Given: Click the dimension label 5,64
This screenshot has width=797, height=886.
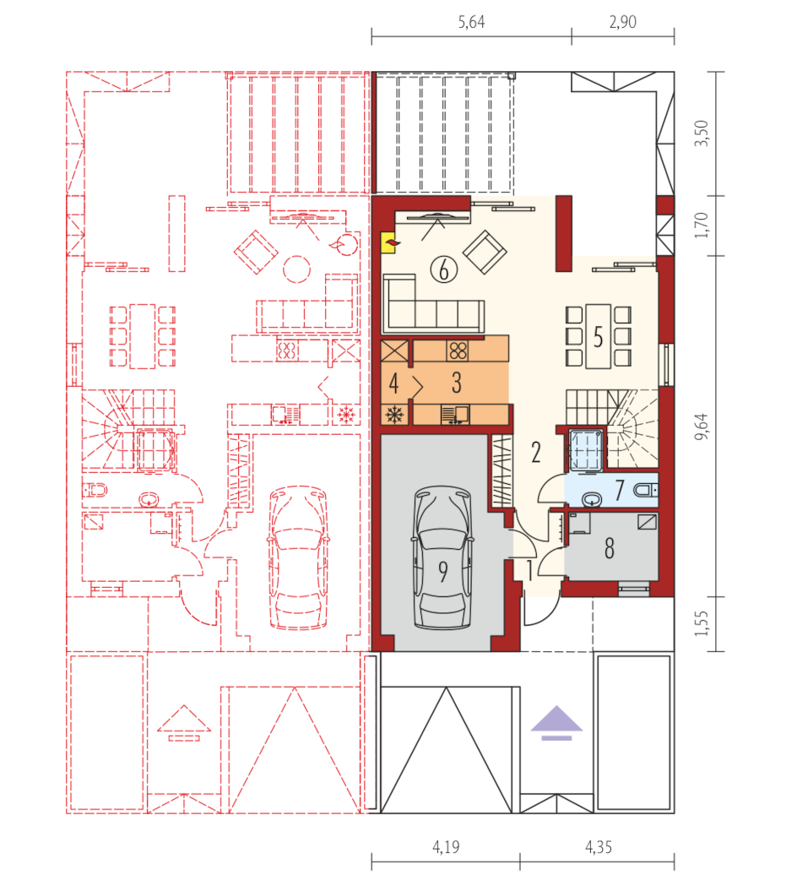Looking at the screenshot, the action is pos(471,22).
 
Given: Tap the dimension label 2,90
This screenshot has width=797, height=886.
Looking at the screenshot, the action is pos(622,22).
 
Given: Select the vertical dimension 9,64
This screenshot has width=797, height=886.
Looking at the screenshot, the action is pos(701,427).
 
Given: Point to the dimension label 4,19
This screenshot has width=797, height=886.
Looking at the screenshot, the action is pos(446,847).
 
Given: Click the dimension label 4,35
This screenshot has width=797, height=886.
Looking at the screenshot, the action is pos(599,847).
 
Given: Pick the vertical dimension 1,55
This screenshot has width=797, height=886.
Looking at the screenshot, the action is pos(701,623).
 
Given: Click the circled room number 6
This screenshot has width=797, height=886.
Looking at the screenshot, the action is pos(444,269).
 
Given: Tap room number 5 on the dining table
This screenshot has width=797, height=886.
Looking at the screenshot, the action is pos(599,337).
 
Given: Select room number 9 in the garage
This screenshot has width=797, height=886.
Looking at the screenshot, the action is pos(443,572).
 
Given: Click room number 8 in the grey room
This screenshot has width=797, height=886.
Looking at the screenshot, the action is pos(610,548).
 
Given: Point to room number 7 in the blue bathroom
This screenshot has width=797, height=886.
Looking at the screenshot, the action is pos(620,490).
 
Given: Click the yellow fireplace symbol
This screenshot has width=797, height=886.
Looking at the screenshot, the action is pos(388,243).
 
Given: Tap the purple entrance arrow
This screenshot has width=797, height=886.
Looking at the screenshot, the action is pos(556,723).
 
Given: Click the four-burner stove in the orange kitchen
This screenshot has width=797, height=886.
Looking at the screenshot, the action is pos(458,351).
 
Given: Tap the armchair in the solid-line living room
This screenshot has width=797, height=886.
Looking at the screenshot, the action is pos(484,252).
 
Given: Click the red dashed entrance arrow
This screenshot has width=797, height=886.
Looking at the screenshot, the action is pos(183,723).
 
